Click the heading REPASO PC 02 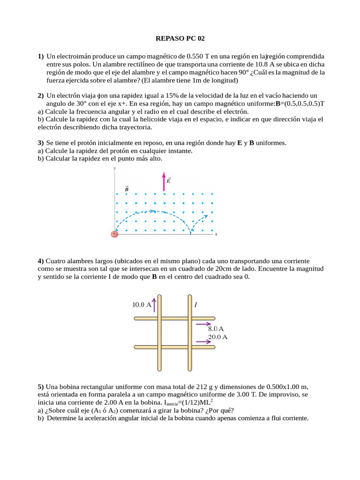(180, 38)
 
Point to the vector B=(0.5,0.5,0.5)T (300, 103)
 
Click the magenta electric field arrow (164, 182)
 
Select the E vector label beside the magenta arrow (169, 180)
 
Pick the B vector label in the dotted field (127, 188)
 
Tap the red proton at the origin (114, 234)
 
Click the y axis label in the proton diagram (115, 168)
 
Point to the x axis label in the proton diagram (216, 234)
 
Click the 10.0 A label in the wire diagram (142, 305)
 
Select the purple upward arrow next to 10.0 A (154, 306)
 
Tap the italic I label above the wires (195, 305)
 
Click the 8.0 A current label (216, 329)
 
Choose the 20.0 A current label (217, 337)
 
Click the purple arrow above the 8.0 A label (203, 323)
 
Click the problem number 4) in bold (41, 261)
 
